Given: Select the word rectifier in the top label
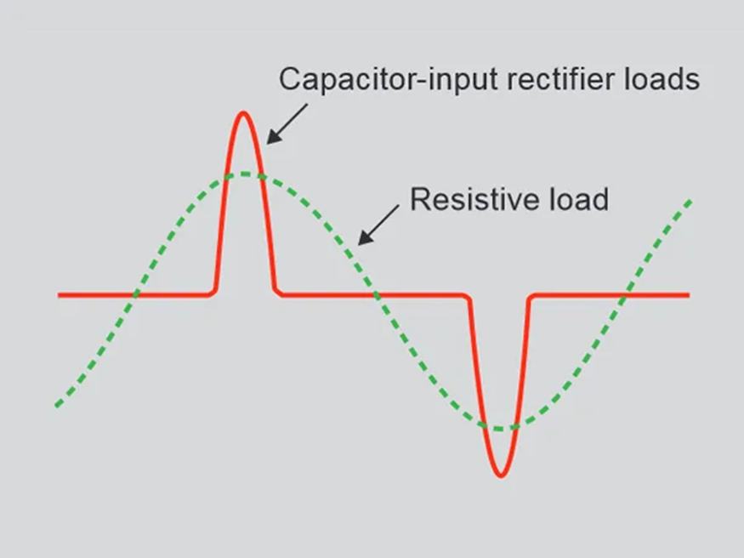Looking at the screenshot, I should pyautogui.click(x=538, y=79).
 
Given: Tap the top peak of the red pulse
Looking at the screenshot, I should pyautogui.click(x=244, y=112).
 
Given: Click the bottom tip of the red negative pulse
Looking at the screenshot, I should pyautogui.click(x=500, y=475).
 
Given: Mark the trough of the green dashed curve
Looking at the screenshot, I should pyautogui.click(x=502, y=428).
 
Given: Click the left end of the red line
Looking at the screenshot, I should pyautogui.click(x=60, y=295).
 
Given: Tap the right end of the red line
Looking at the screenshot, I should pyautogui.click(x=688, y=295).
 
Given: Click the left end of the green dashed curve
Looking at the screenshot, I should pyautogui.click(x=57, y=404).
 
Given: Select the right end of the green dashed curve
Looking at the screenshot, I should pyautogui.click(x=689, y=202).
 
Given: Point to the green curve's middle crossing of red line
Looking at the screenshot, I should pyautogui.click(x=373, y=295).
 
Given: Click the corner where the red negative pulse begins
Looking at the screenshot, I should pyautogui.click(x=469, y=297).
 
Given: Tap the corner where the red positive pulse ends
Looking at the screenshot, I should pyautogui.click(x=277, y=293).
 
